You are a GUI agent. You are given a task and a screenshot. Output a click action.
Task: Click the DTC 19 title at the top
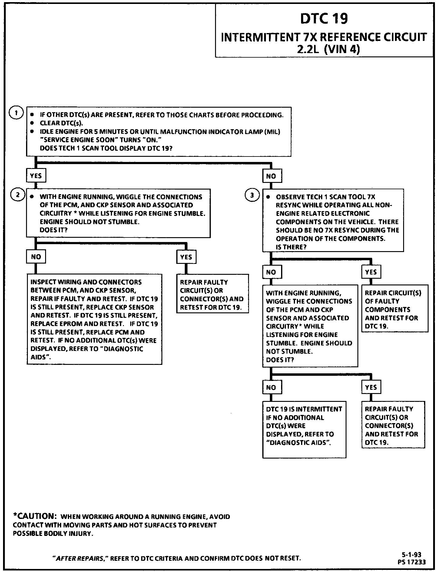pos(324,19)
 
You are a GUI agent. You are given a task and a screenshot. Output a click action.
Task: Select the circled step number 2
pos(17,195)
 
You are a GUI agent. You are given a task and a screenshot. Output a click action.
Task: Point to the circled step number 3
pos(252,195)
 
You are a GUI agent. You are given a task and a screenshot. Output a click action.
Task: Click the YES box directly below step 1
pos(36,176)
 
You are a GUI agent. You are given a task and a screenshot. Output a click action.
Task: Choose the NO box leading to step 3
pos(271,176)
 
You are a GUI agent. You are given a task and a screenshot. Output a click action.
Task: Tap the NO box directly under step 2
pos(36,257)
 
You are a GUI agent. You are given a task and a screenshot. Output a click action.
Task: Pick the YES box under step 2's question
pos(186,257)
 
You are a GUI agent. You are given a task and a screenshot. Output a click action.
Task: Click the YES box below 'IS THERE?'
pos(371,272)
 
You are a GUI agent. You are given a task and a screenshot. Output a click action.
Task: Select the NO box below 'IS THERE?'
pos(271,272)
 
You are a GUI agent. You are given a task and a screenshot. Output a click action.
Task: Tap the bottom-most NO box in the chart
pos(271,387)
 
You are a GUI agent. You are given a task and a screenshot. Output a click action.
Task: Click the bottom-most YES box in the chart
pos(371,387)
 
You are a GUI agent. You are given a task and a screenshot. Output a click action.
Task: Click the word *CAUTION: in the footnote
pos(35,516)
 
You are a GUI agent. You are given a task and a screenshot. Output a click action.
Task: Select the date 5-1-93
pos(412,555)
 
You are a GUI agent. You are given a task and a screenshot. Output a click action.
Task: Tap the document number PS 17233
pos(412,562)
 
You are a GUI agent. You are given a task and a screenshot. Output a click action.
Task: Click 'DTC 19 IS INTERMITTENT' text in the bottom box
pos(304,409)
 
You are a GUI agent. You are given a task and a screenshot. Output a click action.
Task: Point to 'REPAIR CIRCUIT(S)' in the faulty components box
pos(393,293)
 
